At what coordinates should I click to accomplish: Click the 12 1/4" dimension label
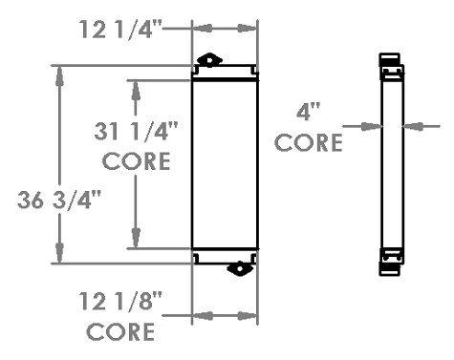tap(120, 30)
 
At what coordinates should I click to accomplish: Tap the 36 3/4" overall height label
tap(59, 201)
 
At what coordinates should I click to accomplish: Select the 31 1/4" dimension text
tap(136, 131)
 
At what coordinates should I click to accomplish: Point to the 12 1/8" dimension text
tap(120, 301)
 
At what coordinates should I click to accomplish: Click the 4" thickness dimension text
tap(308, 112)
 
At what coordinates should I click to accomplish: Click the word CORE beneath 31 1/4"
tap(136, 161)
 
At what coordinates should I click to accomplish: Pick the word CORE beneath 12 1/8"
tap(120, 331)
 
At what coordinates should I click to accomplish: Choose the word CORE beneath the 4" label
tap(309, 142)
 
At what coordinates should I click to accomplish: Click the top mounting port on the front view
tap(209, 60)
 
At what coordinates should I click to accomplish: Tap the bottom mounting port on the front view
tap(240, 268)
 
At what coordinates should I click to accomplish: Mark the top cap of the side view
tap(389, 59)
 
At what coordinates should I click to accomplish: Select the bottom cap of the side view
tap(389, 269)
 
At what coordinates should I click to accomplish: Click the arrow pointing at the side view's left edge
tap(362, 126)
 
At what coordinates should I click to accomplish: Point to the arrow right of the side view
tap(422, 126)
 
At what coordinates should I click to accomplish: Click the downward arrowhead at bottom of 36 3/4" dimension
tap(59, 254)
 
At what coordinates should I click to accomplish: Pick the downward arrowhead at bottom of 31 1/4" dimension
tap(136, 238)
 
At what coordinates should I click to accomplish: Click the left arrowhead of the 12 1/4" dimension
tap(203, 28)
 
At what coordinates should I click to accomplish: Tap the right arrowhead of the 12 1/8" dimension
tap(248, 316)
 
